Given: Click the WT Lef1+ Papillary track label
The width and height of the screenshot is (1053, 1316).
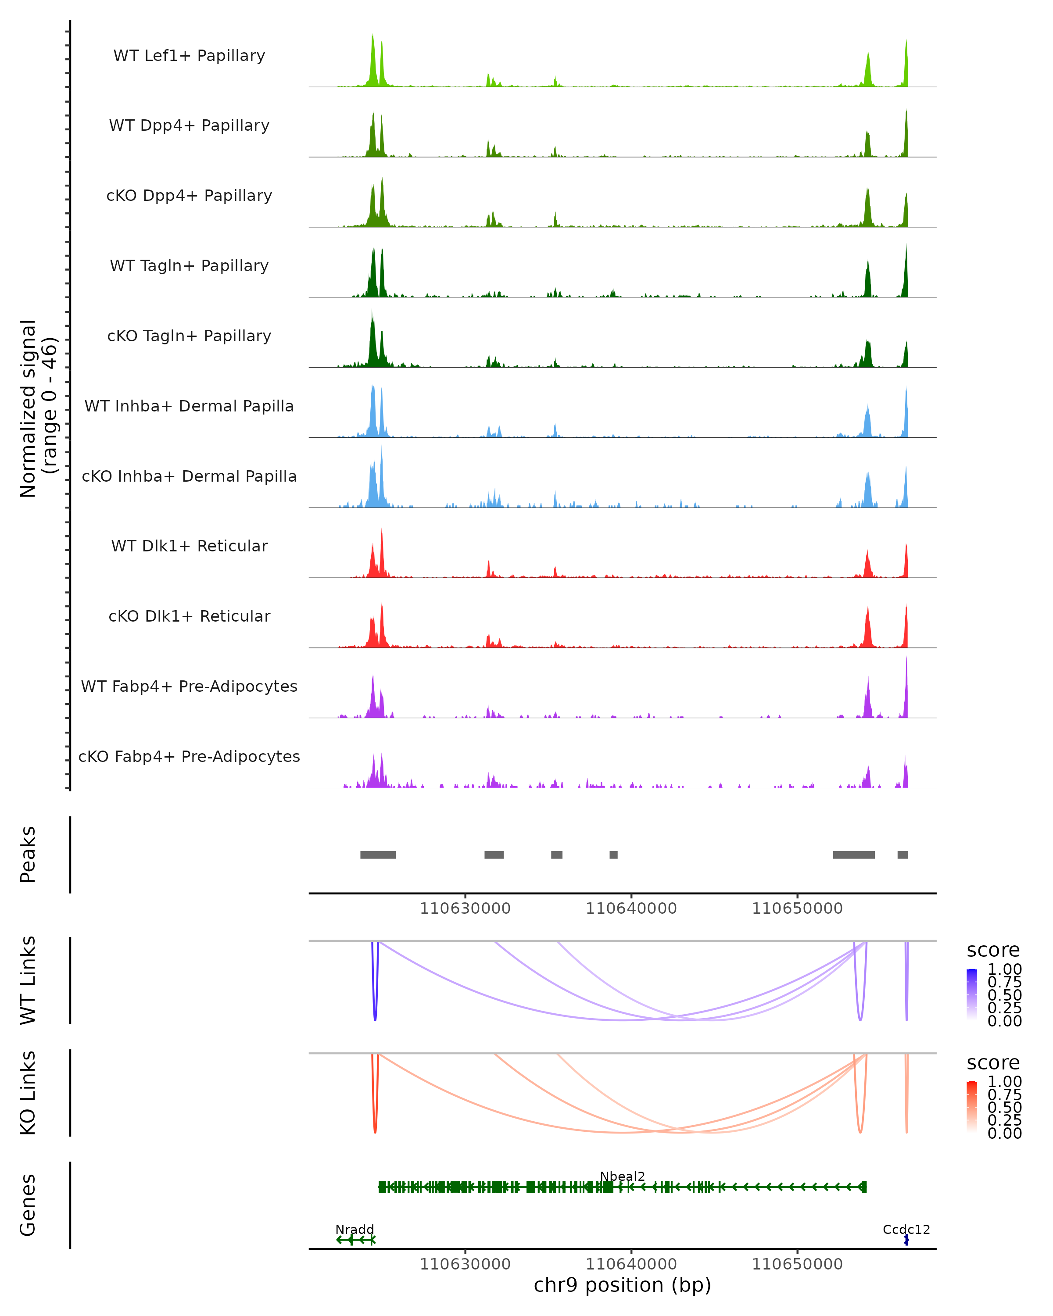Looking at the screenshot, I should click(x=189, y=56).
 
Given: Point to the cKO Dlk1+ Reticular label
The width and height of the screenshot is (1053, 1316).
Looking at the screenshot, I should click(x=189, y=616).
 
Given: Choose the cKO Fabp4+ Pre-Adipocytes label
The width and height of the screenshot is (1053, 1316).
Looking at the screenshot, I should click(x=189, y=756).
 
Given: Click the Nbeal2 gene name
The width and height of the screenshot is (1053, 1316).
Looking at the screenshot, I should click(x=622, y=1176).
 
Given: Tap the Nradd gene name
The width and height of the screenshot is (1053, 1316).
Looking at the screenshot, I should click(x=355, y=1229).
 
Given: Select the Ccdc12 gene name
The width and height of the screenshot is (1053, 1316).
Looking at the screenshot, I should click(x=906, y=1229).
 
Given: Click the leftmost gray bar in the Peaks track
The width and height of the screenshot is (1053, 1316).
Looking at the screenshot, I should click(x=378, y=855).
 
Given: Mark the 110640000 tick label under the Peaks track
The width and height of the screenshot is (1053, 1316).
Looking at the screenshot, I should click(x=631, y=908).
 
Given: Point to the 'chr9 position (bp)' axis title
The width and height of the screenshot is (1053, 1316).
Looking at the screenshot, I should click(x=622, y=1285).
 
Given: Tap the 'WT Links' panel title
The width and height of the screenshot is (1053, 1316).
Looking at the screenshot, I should click(x=28, y=980).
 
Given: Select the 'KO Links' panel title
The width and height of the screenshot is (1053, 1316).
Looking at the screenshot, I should click(x=28, y=1093).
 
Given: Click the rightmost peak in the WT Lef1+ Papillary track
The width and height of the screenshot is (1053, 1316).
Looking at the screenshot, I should click(x=906, y=64).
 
